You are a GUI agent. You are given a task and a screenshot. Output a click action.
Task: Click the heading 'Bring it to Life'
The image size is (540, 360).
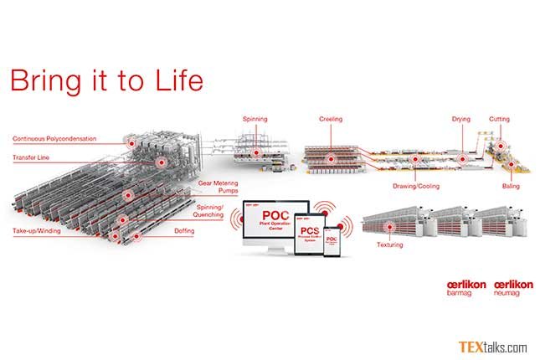[105, 81]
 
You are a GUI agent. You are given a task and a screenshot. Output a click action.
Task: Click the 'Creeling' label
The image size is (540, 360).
[331, 120]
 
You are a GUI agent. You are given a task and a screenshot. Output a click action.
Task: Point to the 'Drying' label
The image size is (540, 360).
[461, 120]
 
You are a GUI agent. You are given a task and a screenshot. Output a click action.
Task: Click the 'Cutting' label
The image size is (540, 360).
[499, 120]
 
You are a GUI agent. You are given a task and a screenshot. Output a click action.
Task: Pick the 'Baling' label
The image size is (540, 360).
[510, 184]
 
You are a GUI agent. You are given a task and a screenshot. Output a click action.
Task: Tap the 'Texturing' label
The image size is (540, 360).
[390, 245]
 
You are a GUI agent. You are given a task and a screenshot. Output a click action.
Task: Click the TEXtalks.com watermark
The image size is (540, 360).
[492, 347]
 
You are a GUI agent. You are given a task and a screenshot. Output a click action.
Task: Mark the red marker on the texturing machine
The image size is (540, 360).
[385, 226]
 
